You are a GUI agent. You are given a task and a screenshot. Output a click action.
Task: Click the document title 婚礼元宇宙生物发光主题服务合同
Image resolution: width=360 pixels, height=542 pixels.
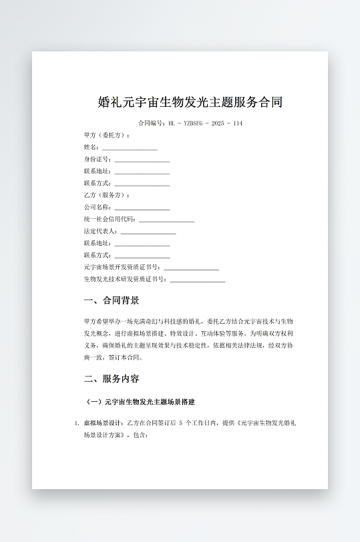[x=190, y=102]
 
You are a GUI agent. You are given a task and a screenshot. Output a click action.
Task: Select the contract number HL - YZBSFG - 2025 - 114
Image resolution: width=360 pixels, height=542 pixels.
[x=205, y=123]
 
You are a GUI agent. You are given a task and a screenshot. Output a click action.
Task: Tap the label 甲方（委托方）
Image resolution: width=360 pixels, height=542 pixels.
[x=107, y=135]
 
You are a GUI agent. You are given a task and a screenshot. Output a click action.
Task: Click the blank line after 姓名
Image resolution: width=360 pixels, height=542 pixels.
[x=130, y=148]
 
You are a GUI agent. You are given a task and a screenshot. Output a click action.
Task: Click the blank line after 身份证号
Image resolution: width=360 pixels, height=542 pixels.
[x=142, y=160]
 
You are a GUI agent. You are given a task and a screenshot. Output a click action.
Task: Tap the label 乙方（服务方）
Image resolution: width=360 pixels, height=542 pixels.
[x=107, y=195]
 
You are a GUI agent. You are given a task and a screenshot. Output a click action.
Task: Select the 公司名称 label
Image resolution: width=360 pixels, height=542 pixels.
[x=98, y=207]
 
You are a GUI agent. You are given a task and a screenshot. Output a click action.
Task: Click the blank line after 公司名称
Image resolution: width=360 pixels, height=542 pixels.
[x=142, y=208]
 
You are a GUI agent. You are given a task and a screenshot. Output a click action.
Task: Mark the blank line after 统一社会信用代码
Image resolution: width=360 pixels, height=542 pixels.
[x=167, y=220]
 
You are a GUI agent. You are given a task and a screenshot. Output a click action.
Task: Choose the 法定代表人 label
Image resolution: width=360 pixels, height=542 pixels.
[x=101, y=231]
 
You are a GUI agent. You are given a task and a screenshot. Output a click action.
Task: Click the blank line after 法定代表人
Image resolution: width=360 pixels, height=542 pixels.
[x=148, y=232]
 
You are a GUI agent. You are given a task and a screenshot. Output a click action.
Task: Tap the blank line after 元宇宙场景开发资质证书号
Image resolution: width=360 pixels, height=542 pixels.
[x=192, y=268]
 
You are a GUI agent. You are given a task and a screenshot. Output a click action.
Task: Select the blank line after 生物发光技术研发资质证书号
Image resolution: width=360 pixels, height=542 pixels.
[x=198, y=280]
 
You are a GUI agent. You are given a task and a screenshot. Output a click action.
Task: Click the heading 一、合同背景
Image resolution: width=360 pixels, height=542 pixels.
[x=112, y=300]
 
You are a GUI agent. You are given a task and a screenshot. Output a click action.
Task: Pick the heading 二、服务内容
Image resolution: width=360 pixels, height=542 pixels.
[x=112, y=378]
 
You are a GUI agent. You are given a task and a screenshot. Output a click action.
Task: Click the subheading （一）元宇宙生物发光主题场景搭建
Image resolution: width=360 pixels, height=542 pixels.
[x=141, y=402]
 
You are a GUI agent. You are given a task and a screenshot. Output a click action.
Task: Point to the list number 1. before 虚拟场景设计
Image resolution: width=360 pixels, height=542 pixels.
[x=77, y=423]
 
